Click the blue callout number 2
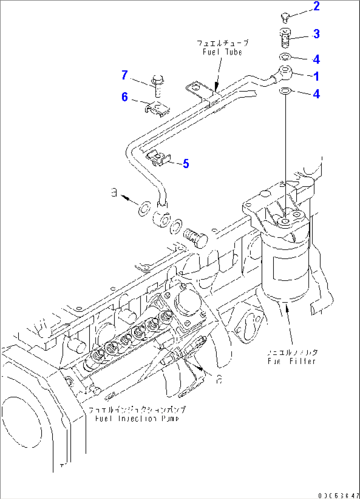click(316, 6)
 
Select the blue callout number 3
click(316, 34)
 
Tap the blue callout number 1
click(316, 76)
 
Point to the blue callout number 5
click(186, 163)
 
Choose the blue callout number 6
click(125, 97)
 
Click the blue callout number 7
click(125, 75)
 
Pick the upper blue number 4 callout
click(316, 59)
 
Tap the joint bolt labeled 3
click(285, 37)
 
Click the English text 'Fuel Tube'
click(222, 52)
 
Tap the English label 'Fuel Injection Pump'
click(137, 418)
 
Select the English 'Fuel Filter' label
click(292, 361)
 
